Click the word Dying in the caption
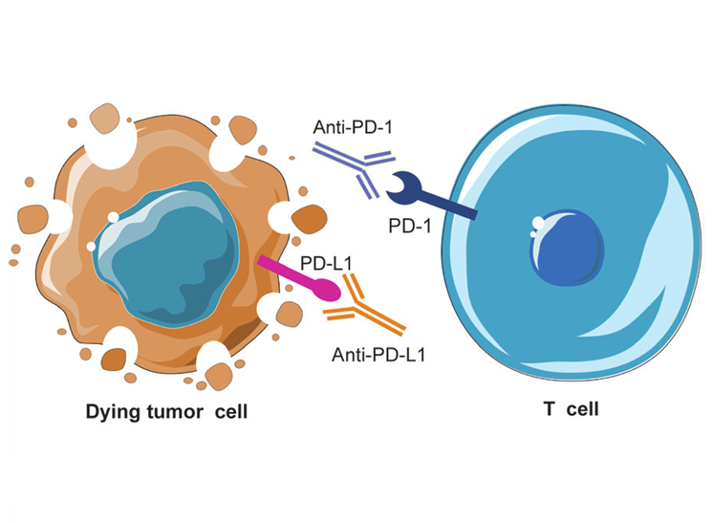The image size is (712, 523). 112,412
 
